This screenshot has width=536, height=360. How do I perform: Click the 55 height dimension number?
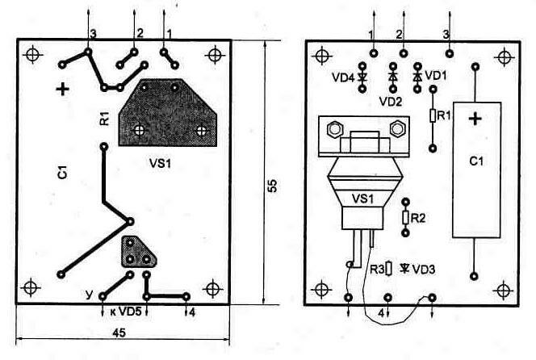pos(273,185)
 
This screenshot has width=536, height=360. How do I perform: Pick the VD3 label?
pos(423,269)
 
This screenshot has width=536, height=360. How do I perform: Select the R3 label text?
pos(376,270)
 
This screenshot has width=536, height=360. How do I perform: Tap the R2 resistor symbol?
pos(405,217)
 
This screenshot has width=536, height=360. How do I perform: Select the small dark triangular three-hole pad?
pos(138,253)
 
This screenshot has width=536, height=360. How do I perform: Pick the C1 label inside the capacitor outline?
pos(476,161)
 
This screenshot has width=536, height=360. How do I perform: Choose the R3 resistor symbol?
pos(388,269)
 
